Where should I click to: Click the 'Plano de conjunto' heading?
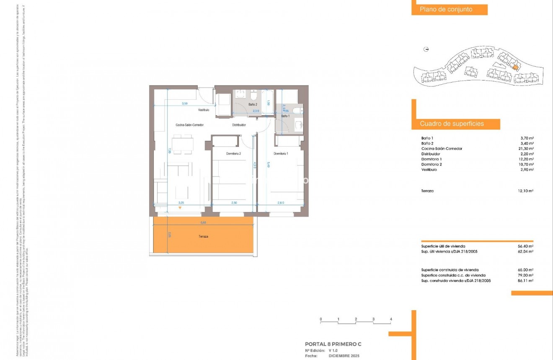446,10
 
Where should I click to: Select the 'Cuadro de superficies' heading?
452,124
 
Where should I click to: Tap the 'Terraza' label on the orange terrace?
203,237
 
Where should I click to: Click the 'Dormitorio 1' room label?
281,153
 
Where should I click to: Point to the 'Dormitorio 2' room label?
233,154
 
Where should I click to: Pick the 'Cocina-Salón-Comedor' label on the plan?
189,125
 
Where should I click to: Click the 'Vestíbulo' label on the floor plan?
204,110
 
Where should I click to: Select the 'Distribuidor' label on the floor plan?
239,125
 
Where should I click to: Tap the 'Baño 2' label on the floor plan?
252,104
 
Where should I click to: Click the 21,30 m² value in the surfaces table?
526,149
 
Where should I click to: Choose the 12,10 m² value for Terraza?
526,191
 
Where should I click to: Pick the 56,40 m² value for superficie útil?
525,246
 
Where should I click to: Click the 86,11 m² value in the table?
525,281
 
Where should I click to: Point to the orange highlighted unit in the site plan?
516,66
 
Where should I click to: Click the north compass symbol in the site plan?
426,49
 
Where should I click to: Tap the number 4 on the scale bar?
390,319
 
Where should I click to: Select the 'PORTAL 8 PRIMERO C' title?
333,344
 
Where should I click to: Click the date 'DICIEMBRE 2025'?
344,355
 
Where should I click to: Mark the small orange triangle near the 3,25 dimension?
180,208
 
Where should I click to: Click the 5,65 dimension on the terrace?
203,223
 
